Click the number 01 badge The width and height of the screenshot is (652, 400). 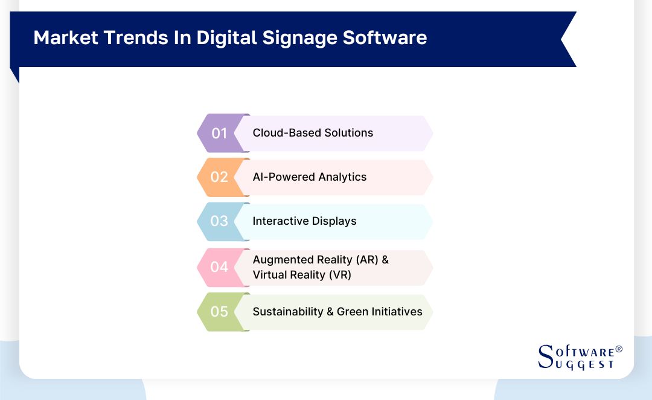(219, 133)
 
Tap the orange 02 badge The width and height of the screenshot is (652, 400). (219, 177)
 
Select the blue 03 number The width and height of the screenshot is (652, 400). (219, 221)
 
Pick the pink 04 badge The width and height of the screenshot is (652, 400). (219, 266)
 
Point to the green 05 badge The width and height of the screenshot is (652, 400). (219, 312)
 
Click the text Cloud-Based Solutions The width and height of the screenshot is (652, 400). (313, 133)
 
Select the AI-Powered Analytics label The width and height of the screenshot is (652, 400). (309, 177)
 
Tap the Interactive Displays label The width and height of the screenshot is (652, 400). (304, 221)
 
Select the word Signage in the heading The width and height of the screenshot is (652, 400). (302, 39)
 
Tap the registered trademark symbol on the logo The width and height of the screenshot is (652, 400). (618, 350)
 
